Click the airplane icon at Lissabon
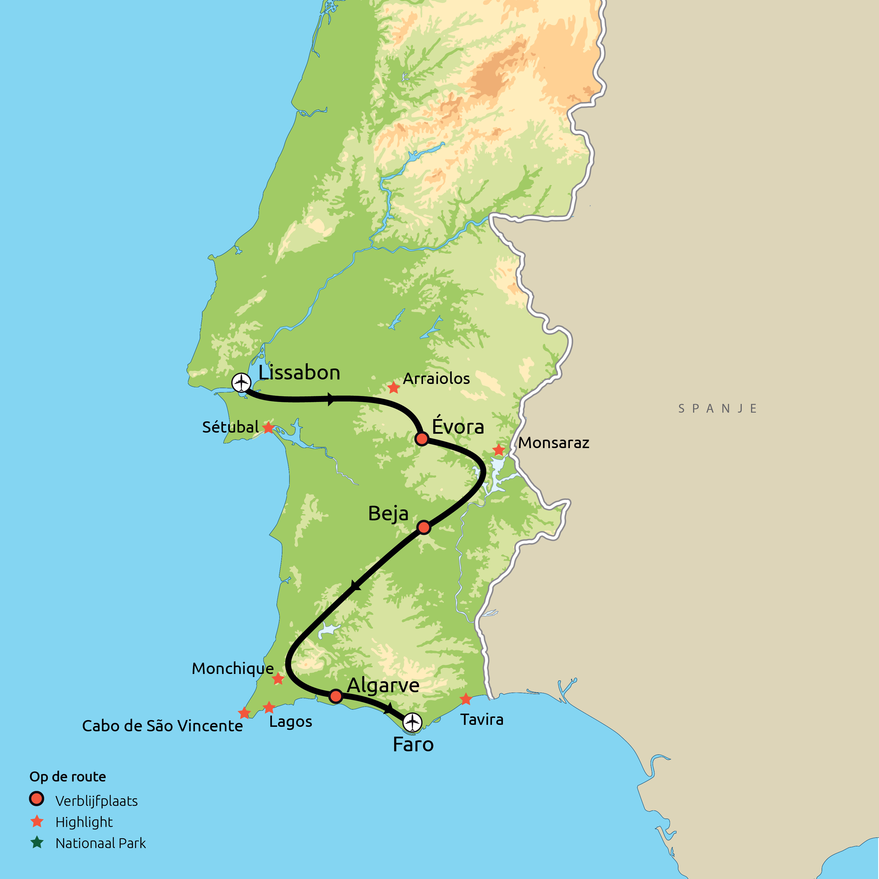pyautogui.click(x=241, y=383)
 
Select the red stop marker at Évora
pyautogui.click(x=422, y=439)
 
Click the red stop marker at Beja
pyautogui.click(x=424, y=527)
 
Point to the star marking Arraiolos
pyautogui.click(x=394, y=388)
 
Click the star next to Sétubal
pyautogui.click(x=268, y=428)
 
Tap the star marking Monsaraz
pyautogui.click(x=499, y=450)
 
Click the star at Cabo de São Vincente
pyautogui.click(x=244, y=713)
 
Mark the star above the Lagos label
pyautogui.click(x=269, y=707)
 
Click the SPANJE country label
pyautogui.click(x=718, y=409)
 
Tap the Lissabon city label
pyautogui.click(x=299, y=373)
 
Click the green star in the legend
pyautogui.click(x=37, y=843)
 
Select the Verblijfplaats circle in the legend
pyautogui.click(x=36, y=799)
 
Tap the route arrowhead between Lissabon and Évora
pyautogui.click(x=331, y=399)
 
